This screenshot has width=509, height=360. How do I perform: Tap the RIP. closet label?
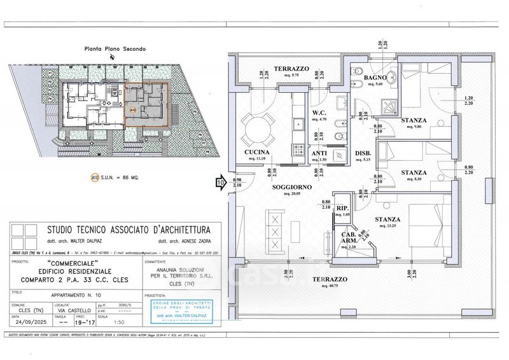[x=342, y=207]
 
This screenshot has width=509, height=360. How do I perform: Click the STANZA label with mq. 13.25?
[x=387, y=219]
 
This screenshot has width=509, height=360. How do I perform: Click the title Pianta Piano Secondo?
[x=115, y=48]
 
